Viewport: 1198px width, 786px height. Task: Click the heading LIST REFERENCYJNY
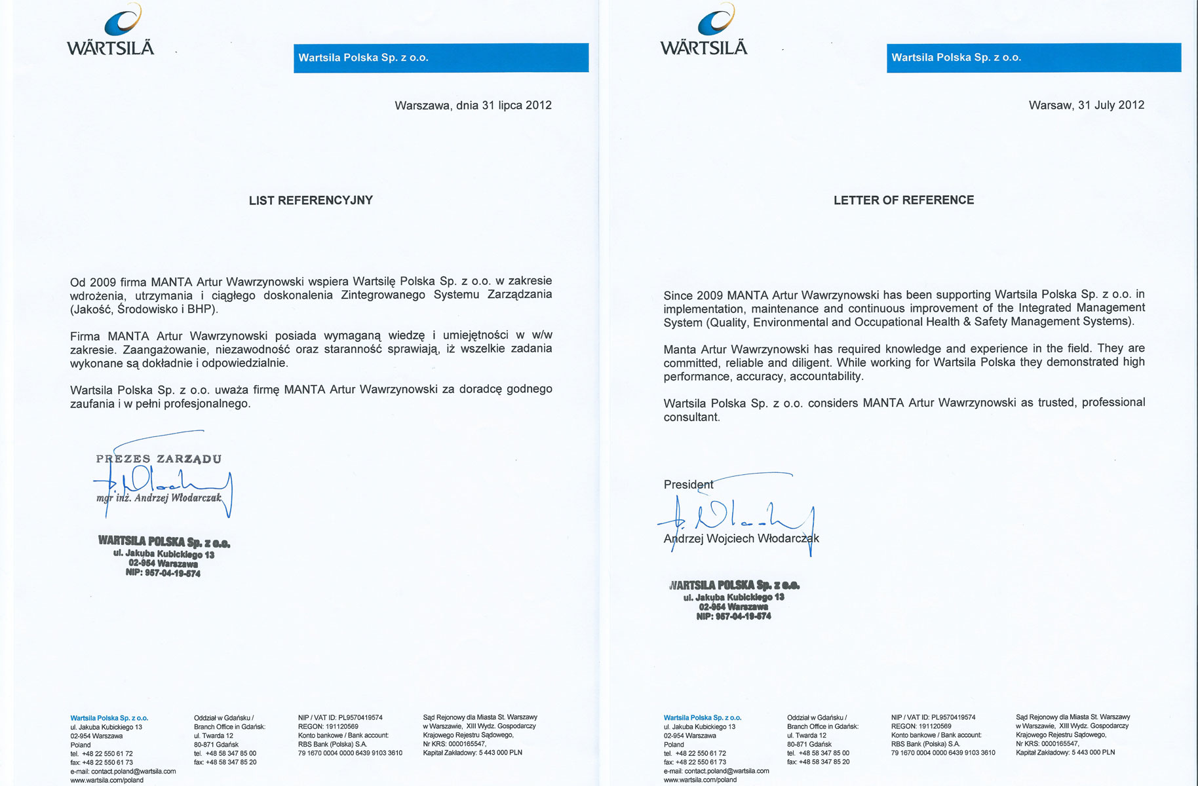point(311,200)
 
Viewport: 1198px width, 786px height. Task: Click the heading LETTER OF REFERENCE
point(904,200)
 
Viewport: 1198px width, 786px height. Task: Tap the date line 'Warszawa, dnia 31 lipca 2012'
point(473,105)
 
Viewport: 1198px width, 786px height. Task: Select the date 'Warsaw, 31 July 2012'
point(1086,105)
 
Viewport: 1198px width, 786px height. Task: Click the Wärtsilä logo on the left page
point(111,31)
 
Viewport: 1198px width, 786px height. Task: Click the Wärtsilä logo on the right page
point(704,31)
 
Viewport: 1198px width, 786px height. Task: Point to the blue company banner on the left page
point(440,58)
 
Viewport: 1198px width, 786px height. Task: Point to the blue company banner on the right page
point(1034,58)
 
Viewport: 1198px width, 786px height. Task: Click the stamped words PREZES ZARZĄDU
point(159,458)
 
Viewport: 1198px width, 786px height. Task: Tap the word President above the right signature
point(688,485)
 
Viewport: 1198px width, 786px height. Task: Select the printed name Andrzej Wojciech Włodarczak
point(741,538)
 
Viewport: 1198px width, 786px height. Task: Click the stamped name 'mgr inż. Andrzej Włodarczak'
point(159,498)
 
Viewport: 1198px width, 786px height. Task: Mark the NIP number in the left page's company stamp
point(163,573)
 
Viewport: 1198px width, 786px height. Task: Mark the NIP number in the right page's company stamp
point(733,616)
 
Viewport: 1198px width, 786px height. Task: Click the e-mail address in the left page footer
point(123,771)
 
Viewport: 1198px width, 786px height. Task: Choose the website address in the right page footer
point(700,779)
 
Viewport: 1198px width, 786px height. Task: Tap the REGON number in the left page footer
point(328,726)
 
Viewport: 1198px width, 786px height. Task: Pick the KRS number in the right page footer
point(1047,743)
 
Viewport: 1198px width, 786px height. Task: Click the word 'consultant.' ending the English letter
point(691,417)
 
